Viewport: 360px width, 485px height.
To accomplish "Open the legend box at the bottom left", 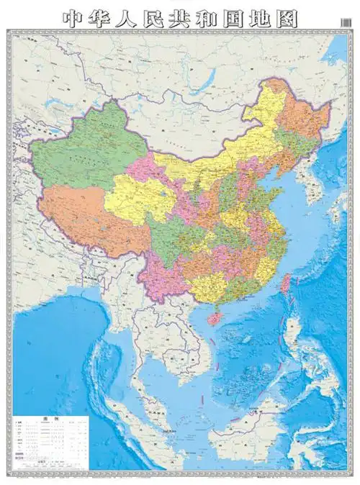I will (50, 439).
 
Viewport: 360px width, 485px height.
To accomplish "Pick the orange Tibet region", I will (79, 216).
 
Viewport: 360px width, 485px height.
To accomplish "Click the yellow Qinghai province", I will (133, 194).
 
